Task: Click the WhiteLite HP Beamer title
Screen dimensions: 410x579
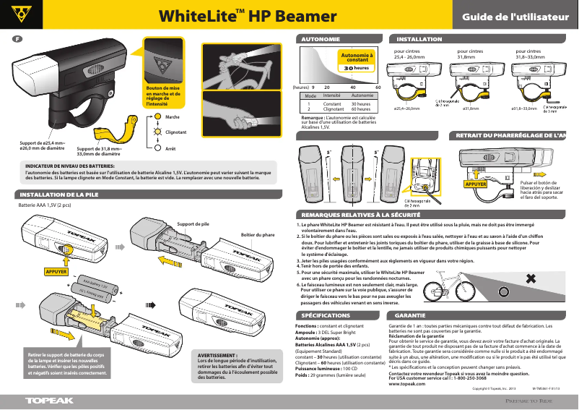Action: pos(248,16)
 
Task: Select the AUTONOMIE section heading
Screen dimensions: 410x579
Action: pos(321,38)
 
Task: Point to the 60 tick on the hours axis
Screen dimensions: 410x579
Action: pos(378,87)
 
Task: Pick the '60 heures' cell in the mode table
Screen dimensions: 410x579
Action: pos(361,109)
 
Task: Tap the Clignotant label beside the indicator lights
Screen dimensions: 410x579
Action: pos(176,132)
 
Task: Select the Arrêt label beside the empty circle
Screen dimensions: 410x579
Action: pos(171,148)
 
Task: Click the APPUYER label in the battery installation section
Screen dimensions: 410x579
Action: pos(56,272)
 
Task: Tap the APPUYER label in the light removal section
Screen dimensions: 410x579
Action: pos(476,184)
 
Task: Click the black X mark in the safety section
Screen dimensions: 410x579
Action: pos(531,279)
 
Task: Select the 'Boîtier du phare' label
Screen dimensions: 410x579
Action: pos(257,235)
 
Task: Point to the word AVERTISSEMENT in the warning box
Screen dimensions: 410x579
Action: pos(217,356)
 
